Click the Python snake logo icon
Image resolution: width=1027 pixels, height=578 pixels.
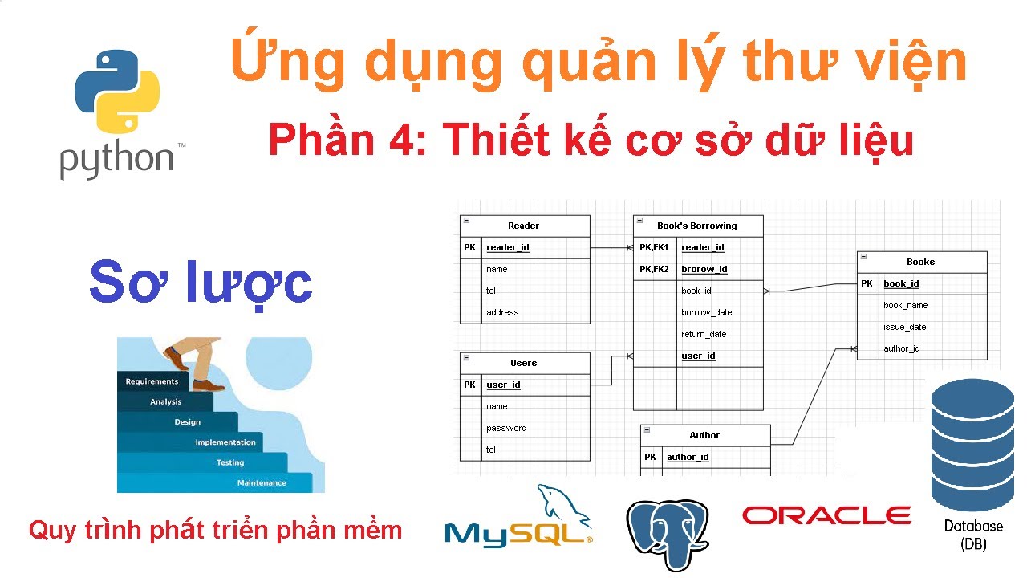117,90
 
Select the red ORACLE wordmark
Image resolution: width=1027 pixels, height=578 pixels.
826,515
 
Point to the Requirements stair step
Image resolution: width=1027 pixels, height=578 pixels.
152,381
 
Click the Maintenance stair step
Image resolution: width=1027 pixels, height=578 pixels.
262,482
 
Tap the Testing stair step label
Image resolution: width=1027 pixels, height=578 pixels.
230,462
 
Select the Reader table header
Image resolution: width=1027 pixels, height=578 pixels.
524,226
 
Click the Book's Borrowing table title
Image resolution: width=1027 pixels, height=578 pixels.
696,226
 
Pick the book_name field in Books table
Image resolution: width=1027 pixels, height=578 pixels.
905,305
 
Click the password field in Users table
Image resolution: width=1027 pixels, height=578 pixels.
506,428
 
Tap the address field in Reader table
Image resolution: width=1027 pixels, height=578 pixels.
502,312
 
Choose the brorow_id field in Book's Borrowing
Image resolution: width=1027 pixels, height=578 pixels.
704,269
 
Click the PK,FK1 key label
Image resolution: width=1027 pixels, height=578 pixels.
654,247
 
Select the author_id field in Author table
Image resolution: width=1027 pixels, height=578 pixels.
688,457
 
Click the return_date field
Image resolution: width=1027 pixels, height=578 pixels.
704,334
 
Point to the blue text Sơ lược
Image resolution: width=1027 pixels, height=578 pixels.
201,282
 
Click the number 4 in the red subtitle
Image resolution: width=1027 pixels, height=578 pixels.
400,140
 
